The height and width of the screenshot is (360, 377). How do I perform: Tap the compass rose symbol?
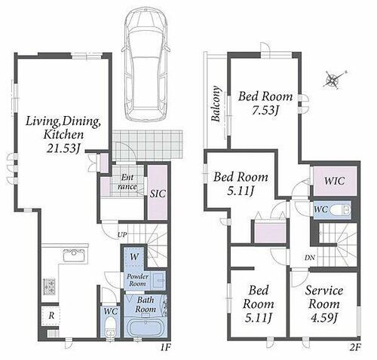tap(334, 80)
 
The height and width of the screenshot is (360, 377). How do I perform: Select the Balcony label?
tap(216, 104)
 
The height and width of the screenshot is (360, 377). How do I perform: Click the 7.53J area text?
tap(265, 110)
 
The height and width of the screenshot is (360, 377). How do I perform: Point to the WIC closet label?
tap(334, 181)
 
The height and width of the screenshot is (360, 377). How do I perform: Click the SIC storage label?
tap(158, 194)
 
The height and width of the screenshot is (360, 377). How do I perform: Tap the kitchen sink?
tap(74, 256)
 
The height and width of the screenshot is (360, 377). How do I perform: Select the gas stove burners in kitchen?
tap(50, 286)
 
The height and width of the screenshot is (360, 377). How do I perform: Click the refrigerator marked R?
tap(51, 316)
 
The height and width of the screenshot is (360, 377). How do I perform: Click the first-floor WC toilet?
tap(110, 328)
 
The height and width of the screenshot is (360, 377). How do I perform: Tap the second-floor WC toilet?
tap(339, 210)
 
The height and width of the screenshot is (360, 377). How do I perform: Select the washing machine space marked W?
tap(134, 257)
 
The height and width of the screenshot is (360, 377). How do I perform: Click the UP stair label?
tap(122, 235)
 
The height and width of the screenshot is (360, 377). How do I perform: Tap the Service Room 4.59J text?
tap(324, 304)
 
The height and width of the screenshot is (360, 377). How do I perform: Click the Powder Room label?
tap(137, 280)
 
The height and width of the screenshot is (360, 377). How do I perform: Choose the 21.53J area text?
tap(63, 148)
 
